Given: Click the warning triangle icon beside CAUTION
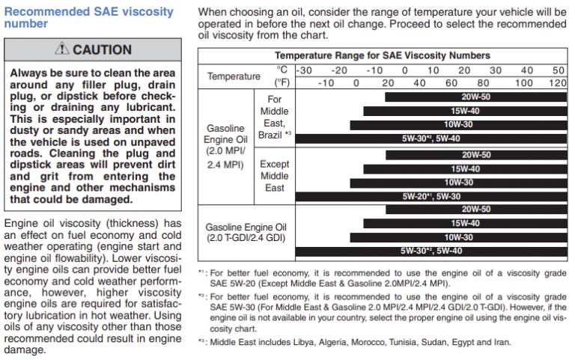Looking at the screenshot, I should pyautogui.click(x=61, y=50).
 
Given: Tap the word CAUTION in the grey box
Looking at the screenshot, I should pyautogui.click(x=102, y=50).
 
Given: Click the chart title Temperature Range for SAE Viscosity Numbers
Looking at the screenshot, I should pyautogui.click(x=382, y=55).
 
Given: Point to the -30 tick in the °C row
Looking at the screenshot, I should pyautogui.click(x=305, y=70).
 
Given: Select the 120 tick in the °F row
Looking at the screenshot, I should pyautogui.click(x=557, y=82).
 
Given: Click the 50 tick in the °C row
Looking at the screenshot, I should pyautogui.click(x=558, y=70).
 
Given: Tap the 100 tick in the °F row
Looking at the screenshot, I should pyautogui.click(x=524, y=82).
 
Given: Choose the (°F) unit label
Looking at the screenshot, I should pyautogui.click(x=282, y=82).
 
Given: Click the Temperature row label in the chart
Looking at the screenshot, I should pyautogui.click(x=234, y=76).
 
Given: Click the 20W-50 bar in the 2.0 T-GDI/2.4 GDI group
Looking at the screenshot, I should pyautogui.click(x=476, y=210).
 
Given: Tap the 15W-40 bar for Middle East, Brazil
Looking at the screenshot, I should pyautogui.click(x=464, y=111).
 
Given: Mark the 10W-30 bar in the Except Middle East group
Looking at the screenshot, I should pyautogui.click(x=458, y=182).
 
